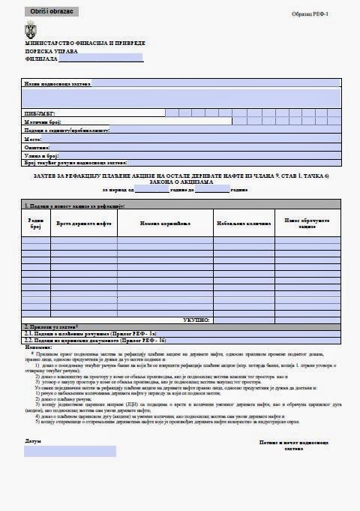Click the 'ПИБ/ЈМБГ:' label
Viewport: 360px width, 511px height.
pos(39,113)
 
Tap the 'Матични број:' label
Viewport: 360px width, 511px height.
pos(42,121)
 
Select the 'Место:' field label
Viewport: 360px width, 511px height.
pos(33,138)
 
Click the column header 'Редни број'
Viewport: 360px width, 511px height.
pos(35,224)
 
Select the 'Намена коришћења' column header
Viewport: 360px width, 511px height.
pos(165,224)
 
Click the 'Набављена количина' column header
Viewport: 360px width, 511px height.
pos(243,224)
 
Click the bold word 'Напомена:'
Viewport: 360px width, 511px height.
pos(37,347)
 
